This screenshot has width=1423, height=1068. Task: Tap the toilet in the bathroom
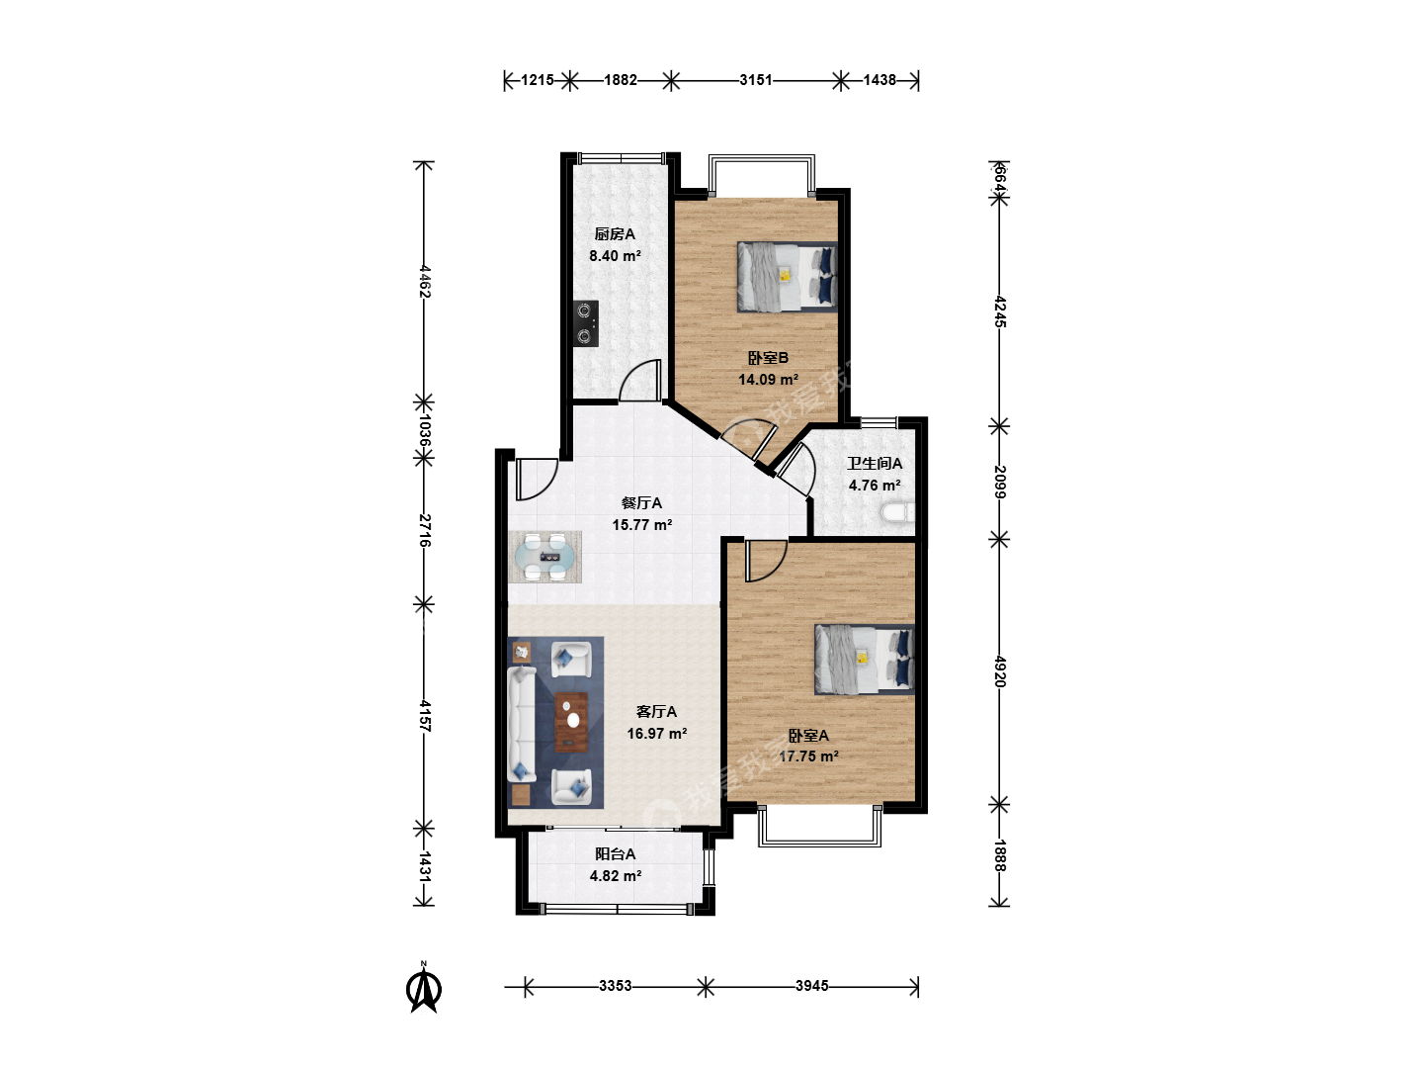[x=897, y=512]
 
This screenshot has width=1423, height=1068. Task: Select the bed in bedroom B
[x=787, y=277]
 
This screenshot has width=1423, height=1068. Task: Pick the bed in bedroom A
[x=865, y=659]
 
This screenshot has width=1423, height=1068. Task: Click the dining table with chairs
[x=544, y=557]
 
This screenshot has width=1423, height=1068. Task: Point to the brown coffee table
[x=572, y=722]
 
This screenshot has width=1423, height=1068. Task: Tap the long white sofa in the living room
[x=521, y=724]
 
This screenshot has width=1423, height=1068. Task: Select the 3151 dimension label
[x=756, y=80]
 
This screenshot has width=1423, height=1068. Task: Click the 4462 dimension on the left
[x=425, y=281]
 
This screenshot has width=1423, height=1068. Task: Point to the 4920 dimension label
[x=1000, y=671]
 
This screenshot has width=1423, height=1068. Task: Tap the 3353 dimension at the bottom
[x=616, y=986]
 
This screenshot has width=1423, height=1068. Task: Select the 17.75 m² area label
[x=808, y=756]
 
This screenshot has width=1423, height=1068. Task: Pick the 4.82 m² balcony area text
[x=616, y=875]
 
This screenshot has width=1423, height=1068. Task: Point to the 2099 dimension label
[x=1000, y=482]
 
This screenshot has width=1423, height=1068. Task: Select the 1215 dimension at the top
[x=538, y=80]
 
